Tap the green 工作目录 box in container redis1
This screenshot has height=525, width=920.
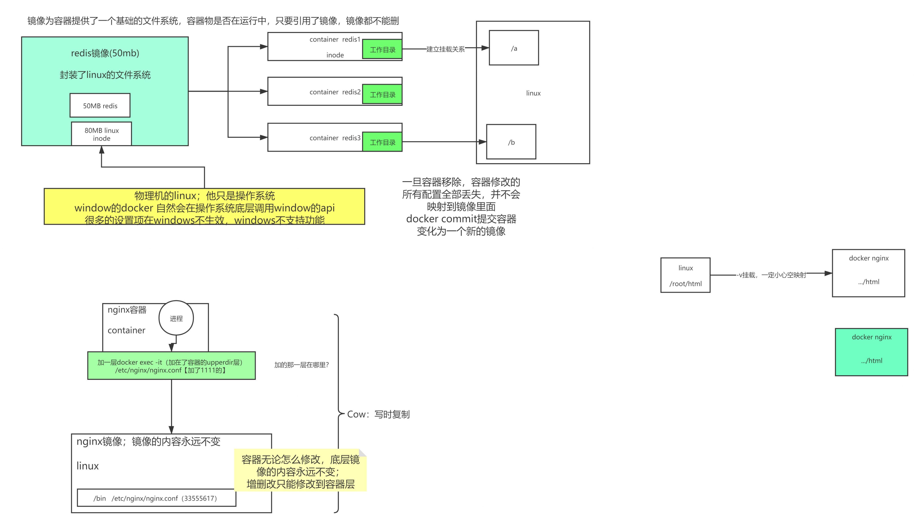(x=382, y=49)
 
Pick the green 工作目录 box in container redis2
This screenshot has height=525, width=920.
(x=382, y=94)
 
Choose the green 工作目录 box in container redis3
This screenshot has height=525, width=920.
(x=382, y=142)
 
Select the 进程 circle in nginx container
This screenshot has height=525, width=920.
(x=176, y=318)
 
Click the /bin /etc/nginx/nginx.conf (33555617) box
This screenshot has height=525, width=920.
(x=156, y=498)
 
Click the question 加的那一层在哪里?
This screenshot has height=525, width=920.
(x=301, y=365)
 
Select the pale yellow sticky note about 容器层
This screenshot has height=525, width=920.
(x=300, y=471)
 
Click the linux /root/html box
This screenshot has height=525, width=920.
(x=685, y=275)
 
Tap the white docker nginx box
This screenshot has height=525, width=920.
(x=868, y=273)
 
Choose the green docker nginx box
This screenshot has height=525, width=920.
(x=871, y=352)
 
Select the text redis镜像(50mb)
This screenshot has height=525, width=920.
(x=105, y=53)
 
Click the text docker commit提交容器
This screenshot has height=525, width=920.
(x=461, y=219)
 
